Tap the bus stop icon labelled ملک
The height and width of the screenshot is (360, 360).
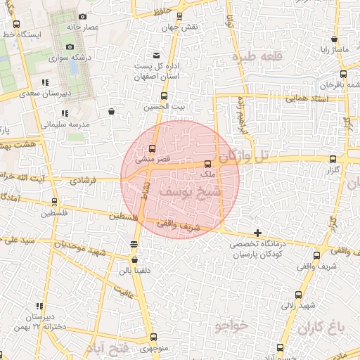[207, 164]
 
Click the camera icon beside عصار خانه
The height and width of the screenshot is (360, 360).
[83, 17]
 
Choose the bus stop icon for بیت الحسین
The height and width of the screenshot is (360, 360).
[165, 96]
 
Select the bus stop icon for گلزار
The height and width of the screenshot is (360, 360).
[333, 160]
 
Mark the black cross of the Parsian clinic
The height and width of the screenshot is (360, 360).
[258, 233]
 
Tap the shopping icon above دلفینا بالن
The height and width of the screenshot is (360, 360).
[134, 259]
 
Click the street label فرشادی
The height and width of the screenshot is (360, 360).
[84, 181]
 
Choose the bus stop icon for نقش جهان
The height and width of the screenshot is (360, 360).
[180, 15]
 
